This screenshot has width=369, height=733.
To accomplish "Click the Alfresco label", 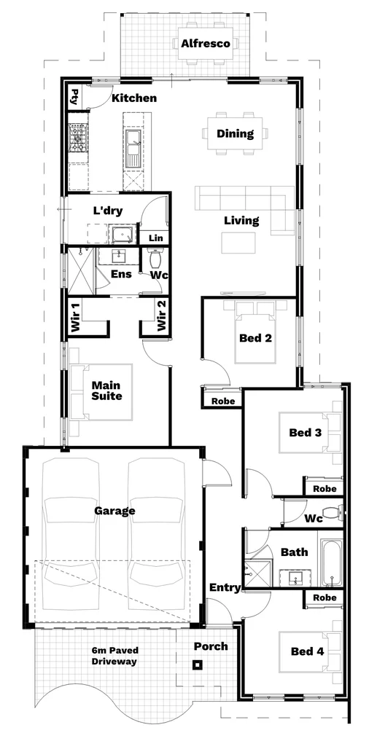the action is [x=206, y=44].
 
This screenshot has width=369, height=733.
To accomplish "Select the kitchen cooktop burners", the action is [x=78, y=138].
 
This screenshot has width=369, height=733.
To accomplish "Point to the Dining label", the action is [x=235, y=133].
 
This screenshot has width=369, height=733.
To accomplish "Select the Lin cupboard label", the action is [x=156, y=238].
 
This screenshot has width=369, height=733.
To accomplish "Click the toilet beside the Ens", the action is [x=155, y=258].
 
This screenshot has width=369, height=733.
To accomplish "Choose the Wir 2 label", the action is [x=161, y=315].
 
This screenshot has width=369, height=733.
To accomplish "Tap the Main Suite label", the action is [x=106, y=391].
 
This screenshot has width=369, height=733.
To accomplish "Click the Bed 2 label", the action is [x=255, y=337].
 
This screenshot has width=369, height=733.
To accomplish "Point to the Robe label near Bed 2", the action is [x=222, y=401].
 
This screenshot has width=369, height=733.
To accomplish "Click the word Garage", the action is [x=114, y=511].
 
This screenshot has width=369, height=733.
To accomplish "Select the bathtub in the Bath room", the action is [x=332, y=563].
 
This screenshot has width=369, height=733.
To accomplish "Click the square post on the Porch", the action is [x=198, y=665].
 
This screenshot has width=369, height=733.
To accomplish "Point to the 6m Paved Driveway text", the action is [x=114, y=655].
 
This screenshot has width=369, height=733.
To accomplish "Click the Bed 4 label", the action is [x=307, y=651].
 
